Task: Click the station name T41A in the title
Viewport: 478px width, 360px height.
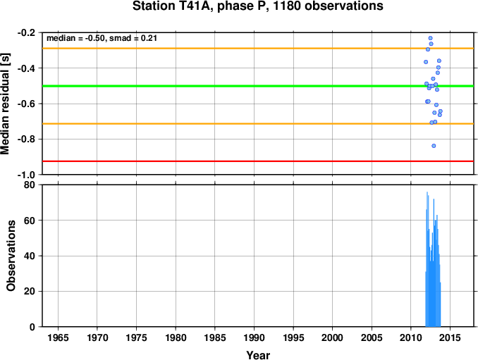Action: [x=193, y=6]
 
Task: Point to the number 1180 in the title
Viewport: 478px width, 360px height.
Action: [x=286, y=6]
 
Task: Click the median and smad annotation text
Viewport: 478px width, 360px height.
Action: [x=102, y=38]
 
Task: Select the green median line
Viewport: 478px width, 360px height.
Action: [x=258, y=86]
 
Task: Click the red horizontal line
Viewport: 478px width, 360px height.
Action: [x=258, y=161]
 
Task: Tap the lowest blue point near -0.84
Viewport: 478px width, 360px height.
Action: [x=434, y=146]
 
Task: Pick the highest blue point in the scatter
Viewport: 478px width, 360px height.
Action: [x=431, y=38]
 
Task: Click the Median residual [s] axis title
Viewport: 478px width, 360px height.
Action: [x=5, y=104]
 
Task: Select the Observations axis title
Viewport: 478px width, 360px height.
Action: [x=11, y=256]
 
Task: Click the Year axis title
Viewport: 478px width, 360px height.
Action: [x=258, y=355]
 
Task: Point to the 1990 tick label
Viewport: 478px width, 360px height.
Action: [x=254, y=337]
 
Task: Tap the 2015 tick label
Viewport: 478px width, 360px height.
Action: [x=450, y=337]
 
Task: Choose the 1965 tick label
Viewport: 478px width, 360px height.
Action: [x=58, y=337]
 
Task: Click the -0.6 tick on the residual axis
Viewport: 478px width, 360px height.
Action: [x=26, y=104]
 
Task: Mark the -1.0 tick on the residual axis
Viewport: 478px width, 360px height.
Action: [x=26, y=175]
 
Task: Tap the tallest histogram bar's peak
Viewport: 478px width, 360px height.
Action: [x=427, y=192]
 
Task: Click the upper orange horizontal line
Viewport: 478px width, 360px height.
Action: [x=258, y=49]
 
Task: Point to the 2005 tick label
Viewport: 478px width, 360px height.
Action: [x=372, y=337]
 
